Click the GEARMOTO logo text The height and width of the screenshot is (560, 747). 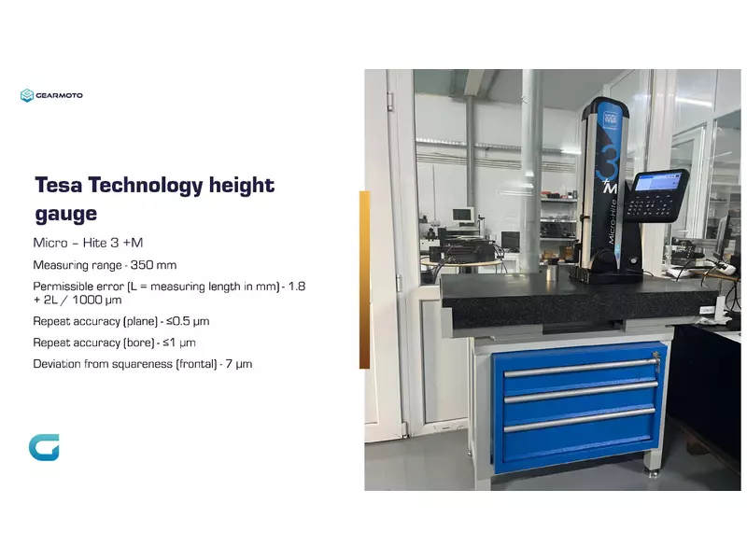coord(60,95)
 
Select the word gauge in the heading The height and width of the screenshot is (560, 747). coord(65,214)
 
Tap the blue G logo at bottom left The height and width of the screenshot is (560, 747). coord(44,448)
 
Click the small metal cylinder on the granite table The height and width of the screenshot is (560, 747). coord(553,274)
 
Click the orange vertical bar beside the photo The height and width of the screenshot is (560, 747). coord(364,280)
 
